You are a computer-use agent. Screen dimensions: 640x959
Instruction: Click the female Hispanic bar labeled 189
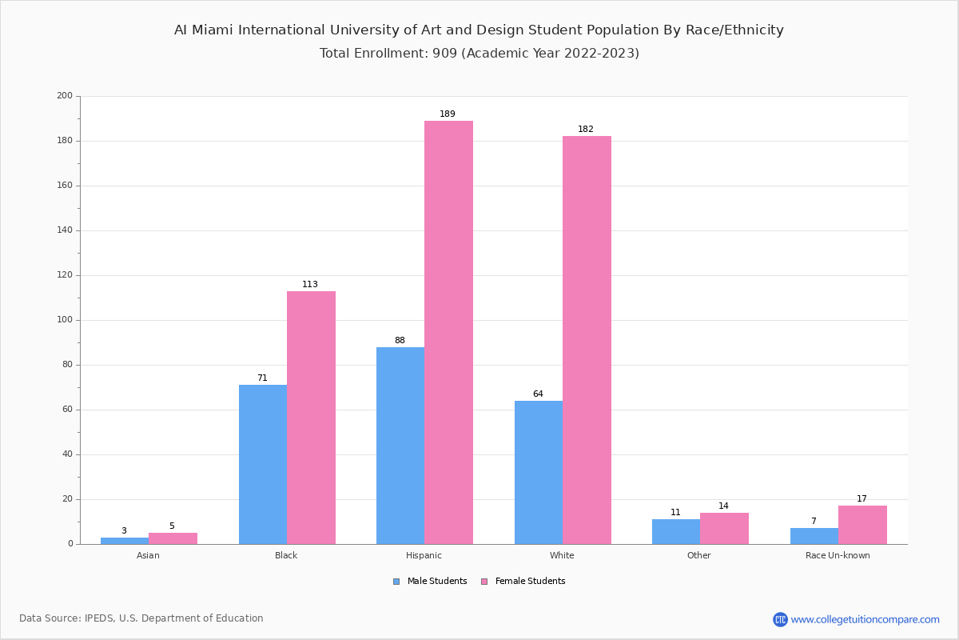pyautogui.click(x=448, y=332)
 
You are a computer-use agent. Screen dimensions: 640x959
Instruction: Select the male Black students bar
pyautogui.click(x=263, y=464)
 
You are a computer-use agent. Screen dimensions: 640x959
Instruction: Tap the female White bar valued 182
pyautogui.click(x=587, y=340)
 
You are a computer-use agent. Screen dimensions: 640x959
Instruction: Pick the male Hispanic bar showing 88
pyautogui.click(x=400, y=446)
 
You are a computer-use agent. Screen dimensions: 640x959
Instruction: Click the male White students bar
pyautogui.click(x=539, y=472)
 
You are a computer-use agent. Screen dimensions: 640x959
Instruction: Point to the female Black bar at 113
pyautogui.click(x=311, y=418)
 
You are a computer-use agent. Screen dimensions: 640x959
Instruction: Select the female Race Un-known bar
pyautogui.click(x=862, y=525)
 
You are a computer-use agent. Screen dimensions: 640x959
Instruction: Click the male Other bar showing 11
pyautogui.click(x=676, y=531)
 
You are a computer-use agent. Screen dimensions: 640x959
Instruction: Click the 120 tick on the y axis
pyautogui.click(x=65, y=275)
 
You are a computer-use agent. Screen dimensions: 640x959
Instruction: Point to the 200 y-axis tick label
pyautogui.click(x=65, y=96)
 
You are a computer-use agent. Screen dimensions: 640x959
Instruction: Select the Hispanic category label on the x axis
pyautogui.click(x=424, y=555)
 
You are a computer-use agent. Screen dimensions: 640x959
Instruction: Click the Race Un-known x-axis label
pyautogui.click(x=838, y=555)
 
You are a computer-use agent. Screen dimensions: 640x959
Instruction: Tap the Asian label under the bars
pyautogui.click(x=148, y=555)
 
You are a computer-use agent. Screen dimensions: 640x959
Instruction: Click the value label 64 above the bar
pyautogui.click(x=538, y=394)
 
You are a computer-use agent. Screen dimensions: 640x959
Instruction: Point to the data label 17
pyautogui.click(x=862, y=498)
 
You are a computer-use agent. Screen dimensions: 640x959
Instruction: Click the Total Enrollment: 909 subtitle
pyautogui.click(x=479, y=54)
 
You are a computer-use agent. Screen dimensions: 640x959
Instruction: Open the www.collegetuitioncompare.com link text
pyautogui.click(x=865, y=619)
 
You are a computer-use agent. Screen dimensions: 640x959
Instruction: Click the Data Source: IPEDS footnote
pyautogui.click(x=141, y=618)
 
